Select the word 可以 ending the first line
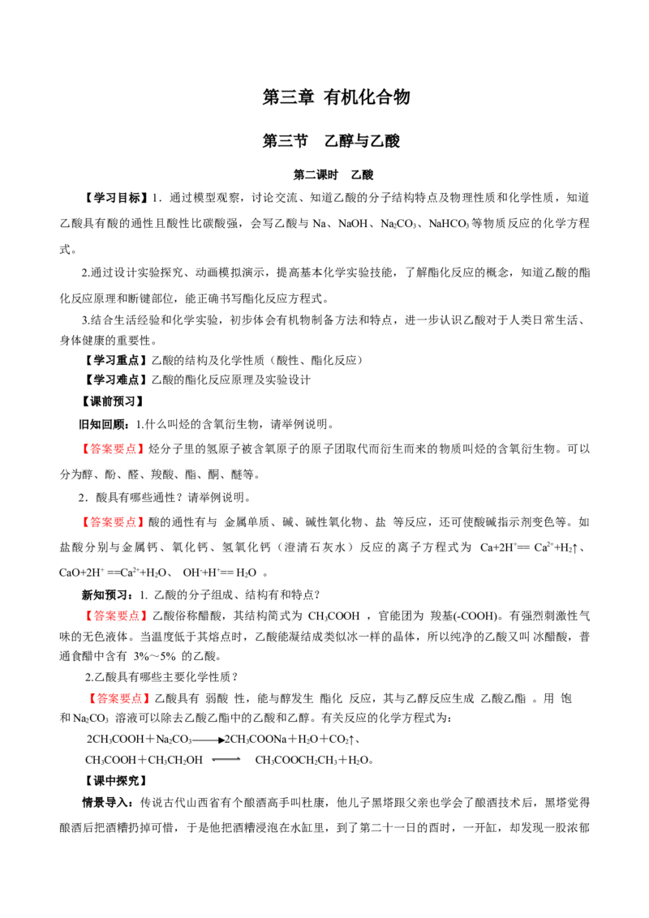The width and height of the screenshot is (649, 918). coord(578,448)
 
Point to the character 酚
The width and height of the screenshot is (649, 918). coord(111,474)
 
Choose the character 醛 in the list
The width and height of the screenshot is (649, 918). coord(134,474)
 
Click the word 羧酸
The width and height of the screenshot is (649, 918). coord(162,474)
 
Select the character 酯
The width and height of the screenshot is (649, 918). coord(191,474)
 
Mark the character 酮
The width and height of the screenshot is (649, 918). coord(214,474)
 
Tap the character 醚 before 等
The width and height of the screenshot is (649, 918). coord(237,474)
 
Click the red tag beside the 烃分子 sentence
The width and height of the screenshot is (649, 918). coord(111,448)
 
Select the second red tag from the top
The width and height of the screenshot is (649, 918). coord(111,523)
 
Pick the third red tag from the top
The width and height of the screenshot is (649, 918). coord(117,616)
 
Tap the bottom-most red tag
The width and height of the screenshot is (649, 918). coord(118,698)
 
